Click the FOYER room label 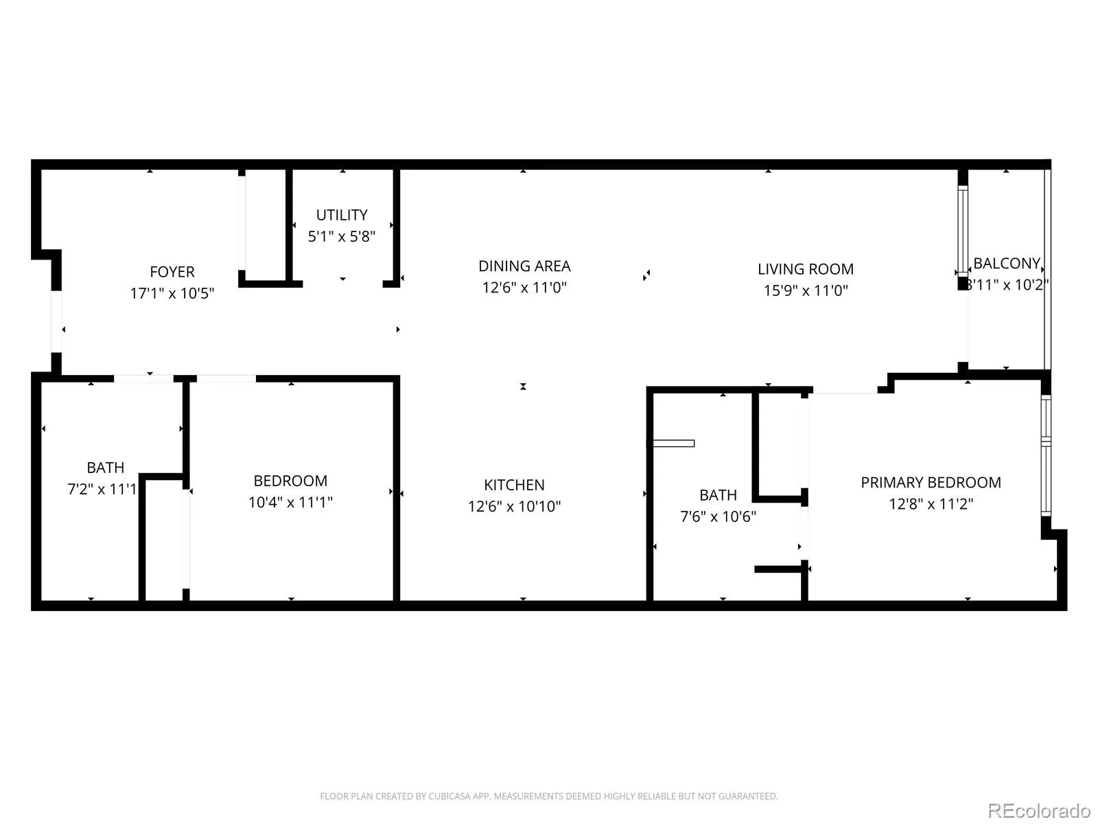pos(172,272)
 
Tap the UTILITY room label pos(342,215)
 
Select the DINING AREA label pos(524,266)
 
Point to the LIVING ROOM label pos(806,269)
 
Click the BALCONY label pos(1007,263)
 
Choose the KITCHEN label pos(514,485)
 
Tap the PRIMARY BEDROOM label pos(931,482)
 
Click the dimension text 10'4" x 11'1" pos(291,502)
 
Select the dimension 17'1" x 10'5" pos(172,293)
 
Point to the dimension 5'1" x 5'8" pos(342,236)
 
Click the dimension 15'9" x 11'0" pos(806,290)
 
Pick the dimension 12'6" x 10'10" pos(514,506)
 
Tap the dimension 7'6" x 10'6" pos(718,516)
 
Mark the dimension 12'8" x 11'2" pos(931,503)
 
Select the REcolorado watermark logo pos(1039,810)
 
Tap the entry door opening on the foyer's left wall pos(56,321)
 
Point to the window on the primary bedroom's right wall pos(1045,455)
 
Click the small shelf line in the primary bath pos(674,444)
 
